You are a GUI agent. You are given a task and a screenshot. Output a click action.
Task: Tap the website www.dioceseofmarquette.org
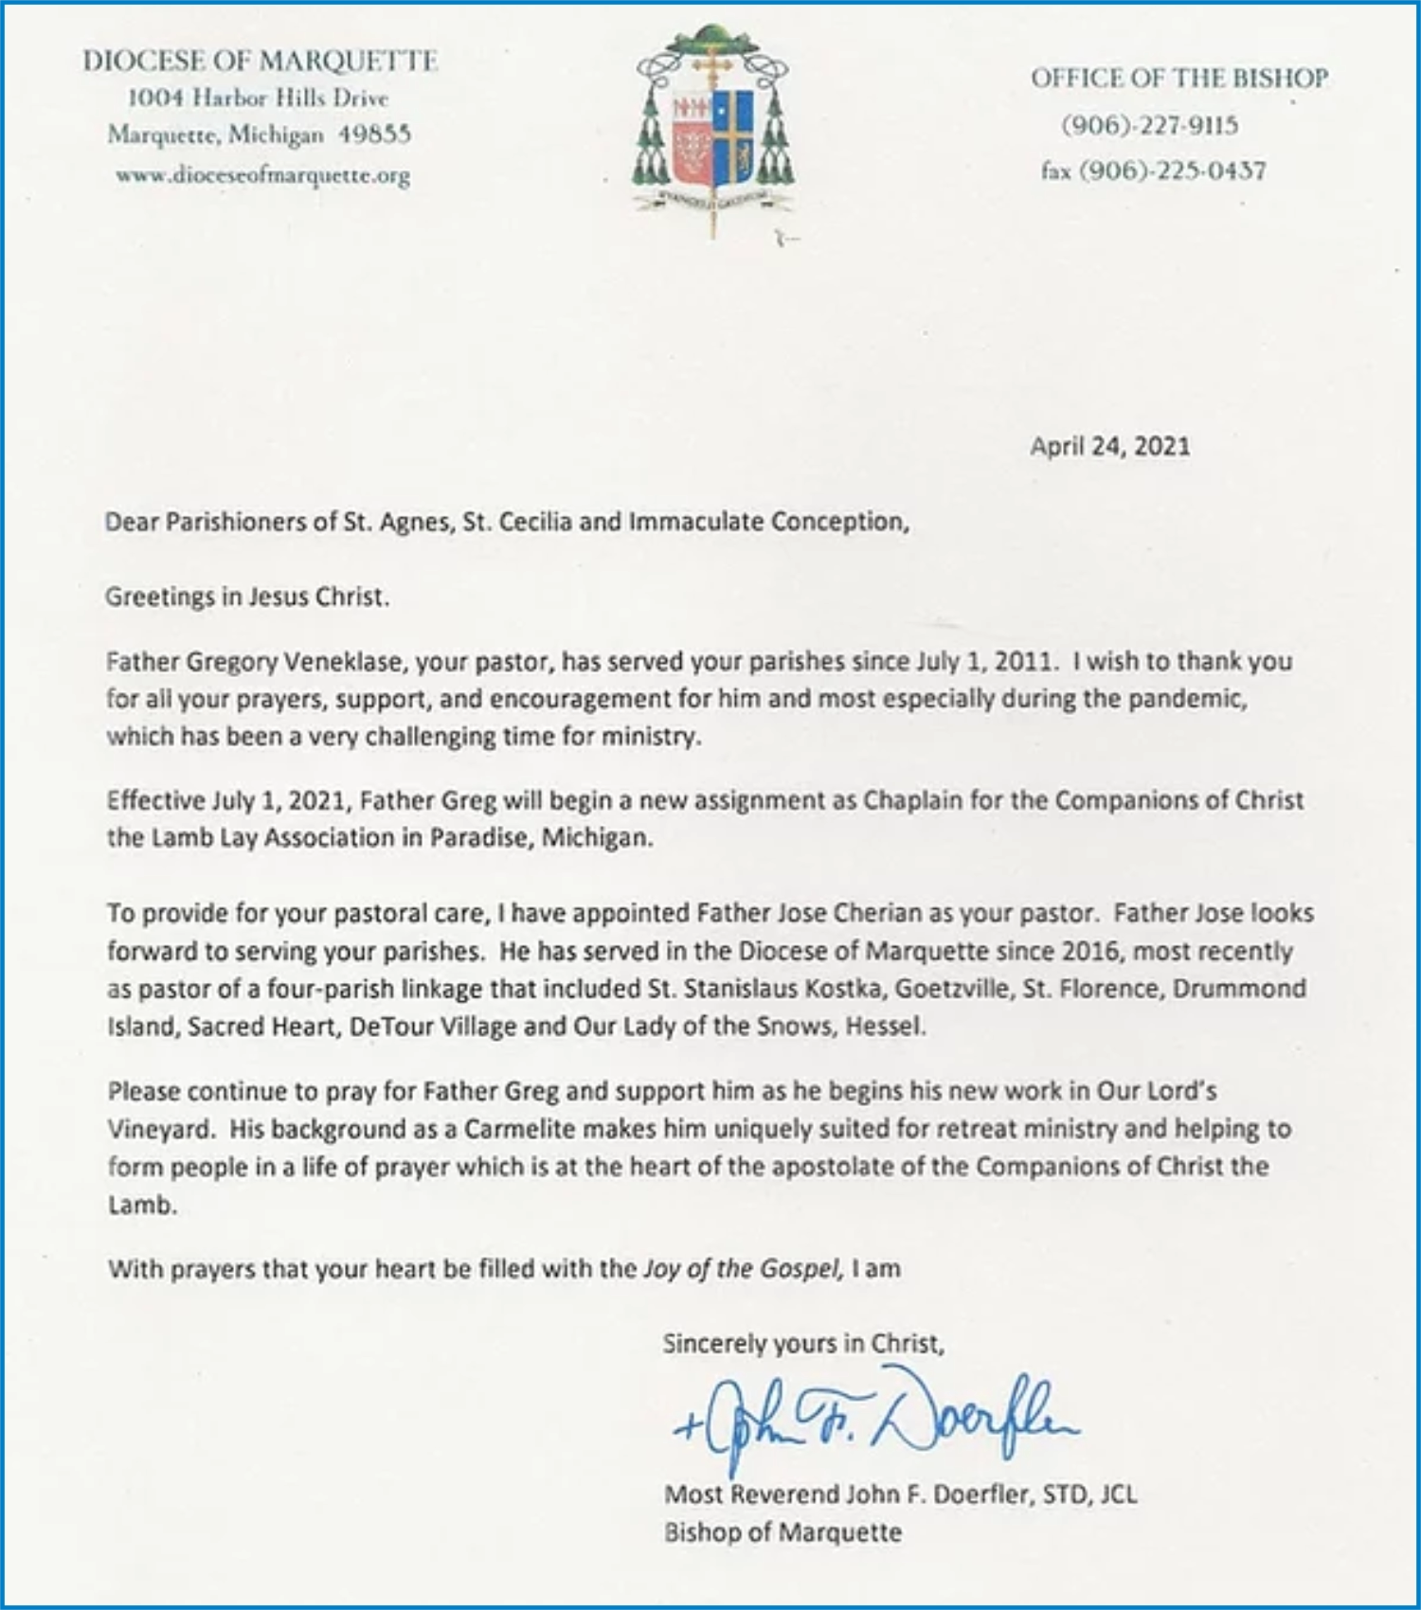tap(262, 175)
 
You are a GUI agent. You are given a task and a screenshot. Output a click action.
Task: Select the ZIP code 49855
tap(375, 134)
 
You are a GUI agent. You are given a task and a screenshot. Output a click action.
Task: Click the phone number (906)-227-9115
tap(1150, 125)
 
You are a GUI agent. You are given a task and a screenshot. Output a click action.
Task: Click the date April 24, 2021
tap(1109, 446)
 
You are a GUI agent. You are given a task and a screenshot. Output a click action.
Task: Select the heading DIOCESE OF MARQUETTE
tap(260, 61)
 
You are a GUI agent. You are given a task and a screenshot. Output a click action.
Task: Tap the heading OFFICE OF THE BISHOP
tap(1179, 78)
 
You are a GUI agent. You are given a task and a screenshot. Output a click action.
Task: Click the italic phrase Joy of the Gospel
tap(743, 1268)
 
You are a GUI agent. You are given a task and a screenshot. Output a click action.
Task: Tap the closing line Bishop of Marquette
tap(782, 1532)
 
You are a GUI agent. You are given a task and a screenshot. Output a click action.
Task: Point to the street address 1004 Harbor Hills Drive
tap(258, 98)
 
